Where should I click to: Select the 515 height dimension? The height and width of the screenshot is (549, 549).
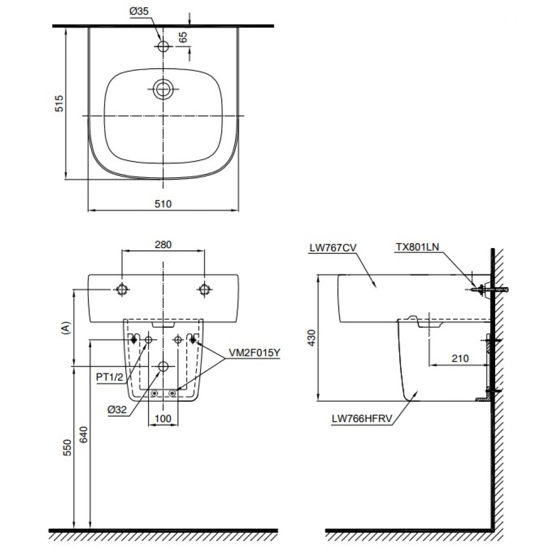tap(60, 103)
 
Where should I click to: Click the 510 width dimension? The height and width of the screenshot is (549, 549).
tap(163, 204)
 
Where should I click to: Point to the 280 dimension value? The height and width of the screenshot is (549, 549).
tap(163, 244)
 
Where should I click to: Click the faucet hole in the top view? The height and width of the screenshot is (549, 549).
tap(163, 46)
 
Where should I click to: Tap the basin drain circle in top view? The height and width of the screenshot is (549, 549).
tap(163, 88)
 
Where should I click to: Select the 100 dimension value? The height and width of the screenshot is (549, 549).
tap(163, 418)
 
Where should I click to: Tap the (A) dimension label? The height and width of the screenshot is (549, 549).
tap(66, 328)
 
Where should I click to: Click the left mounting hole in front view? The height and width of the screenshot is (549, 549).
tap(122, 290)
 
